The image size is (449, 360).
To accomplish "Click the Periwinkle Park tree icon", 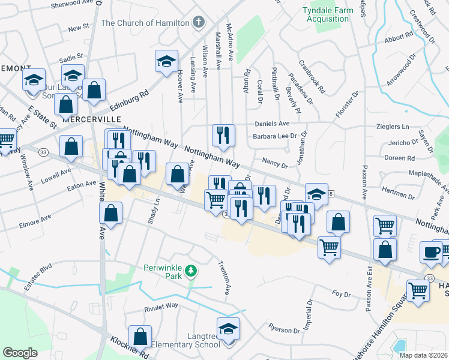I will click(191, 271).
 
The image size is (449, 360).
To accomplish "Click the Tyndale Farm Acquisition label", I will click(325, 14).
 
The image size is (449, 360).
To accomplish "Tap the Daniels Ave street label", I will click(272, 123).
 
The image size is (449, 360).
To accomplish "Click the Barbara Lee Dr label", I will click(275, 136).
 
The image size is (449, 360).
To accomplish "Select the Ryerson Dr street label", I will click(284, 331).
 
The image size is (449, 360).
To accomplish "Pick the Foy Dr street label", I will click(340, 293).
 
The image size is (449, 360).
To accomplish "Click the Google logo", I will click(20, 353).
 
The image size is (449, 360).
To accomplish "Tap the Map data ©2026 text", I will click(423, 355).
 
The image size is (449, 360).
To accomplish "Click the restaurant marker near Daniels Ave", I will click(223, 135).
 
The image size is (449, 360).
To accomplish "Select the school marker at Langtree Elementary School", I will click(228, 329).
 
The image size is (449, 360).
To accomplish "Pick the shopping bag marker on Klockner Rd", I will click(140, 337).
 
